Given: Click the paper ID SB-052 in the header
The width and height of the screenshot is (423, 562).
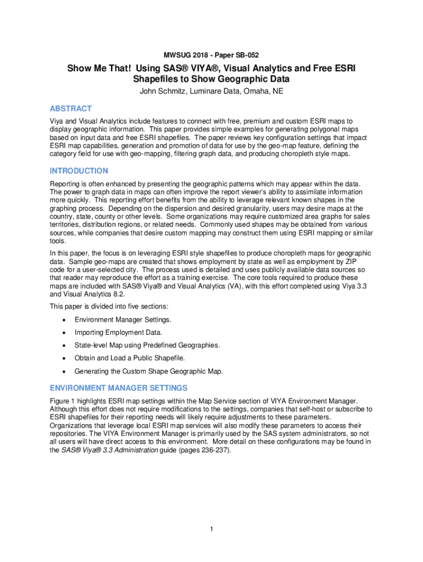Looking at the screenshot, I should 242,55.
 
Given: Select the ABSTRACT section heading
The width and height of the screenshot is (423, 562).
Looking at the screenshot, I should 71,109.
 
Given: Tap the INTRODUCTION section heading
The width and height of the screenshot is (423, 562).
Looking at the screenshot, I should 79,171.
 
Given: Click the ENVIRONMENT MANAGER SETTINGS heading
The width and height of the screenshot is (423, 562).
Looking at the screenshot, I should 119,388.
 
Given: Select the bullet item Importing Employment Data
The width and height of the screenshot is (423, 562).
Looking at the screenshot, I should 118,332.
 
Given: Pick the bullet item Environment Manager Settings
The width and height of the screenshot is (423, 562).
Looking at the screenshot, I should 123,319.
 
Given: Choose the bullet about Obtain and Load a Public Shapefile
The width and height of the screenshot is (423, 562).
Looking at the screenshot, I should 130,358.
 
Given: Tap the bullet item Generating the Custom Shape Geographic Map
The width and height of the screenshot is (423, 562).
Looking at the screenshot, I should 148,371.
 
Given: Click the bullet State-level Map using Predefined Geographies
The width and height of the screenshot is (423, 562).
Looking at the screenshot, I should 147,345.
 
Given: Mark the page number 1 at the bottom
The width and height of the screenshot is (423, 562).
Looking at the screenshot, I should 211,529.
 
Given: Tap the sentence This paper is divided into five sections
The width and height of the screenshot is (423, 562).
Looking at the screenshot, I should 109,306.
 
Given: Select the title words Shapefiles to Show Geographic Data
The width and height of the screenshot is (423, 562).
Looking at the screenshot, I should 211,80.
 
